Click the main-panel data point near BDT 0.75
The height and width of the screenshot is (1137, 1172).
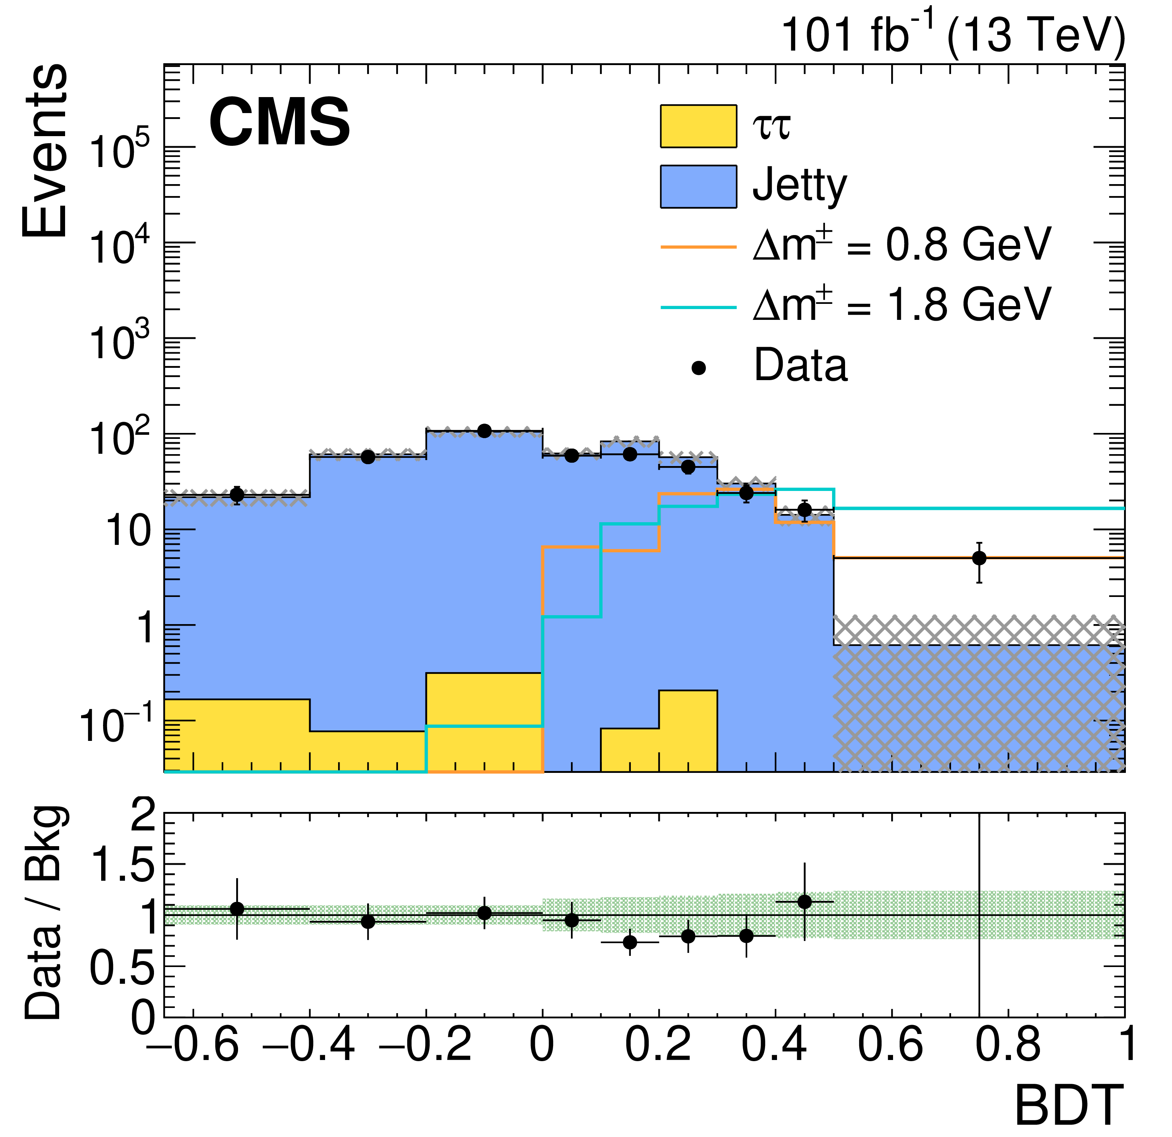[x=979, y=558]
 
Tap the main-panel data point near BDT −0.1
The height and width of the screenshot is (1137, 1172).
[x=484, y=431]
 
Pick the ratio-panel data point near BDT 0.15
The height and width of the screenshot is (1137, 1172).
[x=630, y=943]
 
